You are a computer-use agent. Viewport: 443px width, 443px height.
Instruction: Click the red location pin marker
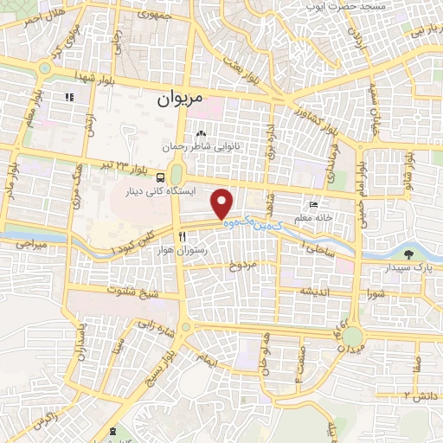click(223, 203)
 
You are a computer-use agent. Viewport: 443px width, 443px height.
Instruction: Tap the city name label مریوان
click(179, 99)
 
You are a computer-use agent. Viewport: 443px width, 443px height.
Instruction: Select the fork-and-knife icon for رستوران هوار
click(182, 235)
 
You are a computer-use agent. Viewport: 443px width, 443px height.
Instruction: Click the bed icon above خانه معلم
click(313, 205)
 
